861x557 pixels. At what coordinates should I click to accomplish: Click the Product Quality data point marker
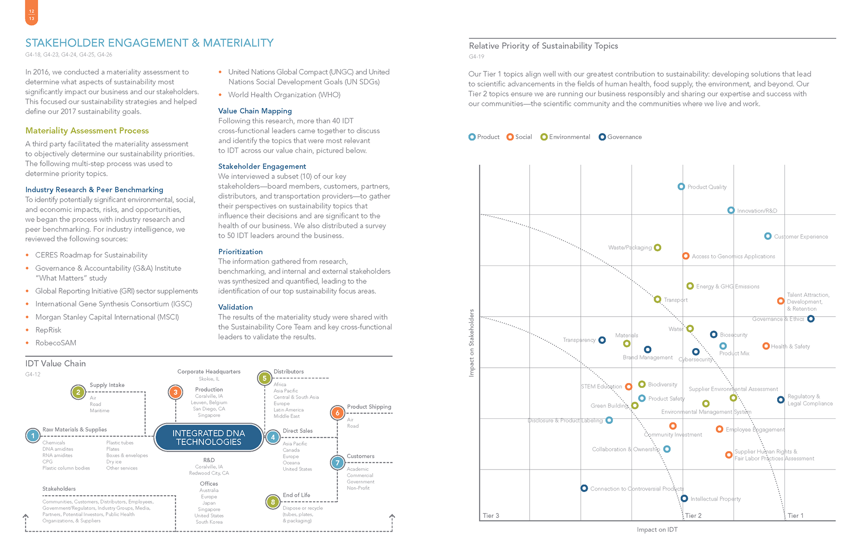(681, 187)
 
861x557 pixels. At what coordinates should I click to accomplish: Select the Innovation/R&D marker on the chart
(731, 210)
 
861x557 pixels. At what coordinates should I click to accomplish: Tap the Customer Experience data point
(768, 236)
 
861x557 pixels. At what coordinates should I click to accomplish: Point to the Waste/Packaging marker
(657, 248)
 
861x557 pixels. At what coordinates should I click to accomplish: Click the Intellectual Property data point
(684, 498)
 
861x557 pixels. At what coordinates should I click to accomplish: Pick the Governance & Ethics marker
(811, 319)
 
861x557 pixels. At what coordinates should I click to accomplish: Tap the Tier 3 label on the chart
(491, 515)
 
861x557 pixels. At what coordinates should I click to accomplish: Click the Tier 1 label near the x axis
(795, 515)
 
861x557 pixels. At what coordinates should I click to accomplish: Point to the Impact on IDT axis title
(657, 530)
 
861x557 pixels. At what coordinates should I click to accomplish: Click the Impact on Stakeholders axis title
(471, 343)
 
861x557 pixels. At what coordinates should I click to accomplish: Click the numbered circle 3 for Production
(175, 392)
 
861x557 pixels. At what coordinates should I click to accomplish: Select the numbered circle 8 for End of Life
(273, 502)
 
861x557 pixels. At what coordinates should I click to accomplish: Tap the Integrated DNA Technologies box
(209, 437)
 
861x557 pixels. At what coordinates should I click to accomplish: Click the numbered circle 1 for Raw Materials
(33, 435)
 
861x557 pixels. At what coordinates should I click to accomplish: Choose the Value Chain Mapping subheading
(255, 111)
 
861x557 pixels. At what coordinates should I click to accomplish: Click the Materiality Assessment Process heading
(87, 131)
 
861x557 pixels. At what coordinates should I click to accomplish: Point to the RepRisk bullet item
(48, 330)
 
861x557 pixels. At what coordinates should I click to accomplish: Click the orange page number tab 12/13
(31, 13)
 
